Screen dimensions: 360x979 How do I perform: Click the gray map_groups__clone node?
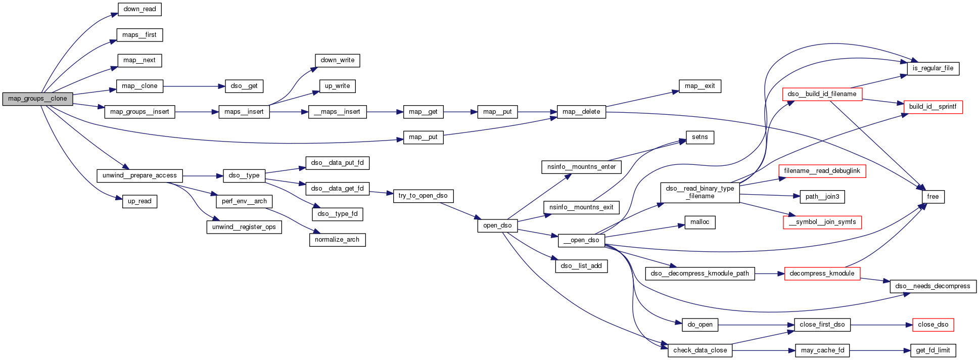click(x=37, y=99)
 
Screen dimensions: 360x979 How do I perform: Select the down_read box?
click(x=139, y=9)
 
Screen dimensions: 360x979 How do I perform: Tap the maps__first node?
click(x=139, y=35)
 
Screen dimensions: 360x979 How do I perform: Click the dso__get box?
click(x=244, y=86)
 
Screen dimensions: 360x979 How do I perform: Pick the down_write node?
click(x=337, y=60)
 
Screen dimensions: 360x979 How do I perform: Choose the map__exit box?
click(x=700, y=86)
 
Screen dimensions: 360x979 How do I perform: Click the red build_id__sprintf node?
click(x=933, y=107)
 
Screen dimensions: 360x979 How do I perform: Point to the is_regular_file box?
click(x=933, y=68)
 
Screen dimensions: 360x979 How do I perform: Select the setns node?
click(x=700, y=137)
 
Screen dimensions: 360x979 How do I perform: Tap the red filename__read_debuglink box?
click(x=822, y=171)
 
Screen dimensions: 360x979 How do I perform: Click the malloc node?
click(x=700, y=222)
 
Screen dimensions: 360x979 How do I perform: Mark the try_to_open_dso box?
click(x=423, y=196)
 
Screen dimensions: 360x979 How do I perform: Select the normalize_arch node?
click(x=337, y=240)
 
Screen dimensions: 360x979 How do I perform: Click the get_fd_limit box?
click(x=933, y=350)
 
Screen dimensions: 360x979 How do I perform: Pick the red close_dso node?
click(x=933, y=325)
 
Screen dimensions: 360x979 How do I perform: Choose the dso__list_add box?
click(x=581, y=266)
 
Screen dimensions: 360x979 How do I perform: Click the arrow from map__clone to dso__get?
click(x=194, y=86)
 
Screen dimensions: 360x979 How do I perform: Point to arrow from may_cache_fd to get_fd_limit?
click(x=880, y=350)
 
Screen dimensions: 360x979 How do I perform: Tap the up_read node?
click(x=139, y=201)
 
